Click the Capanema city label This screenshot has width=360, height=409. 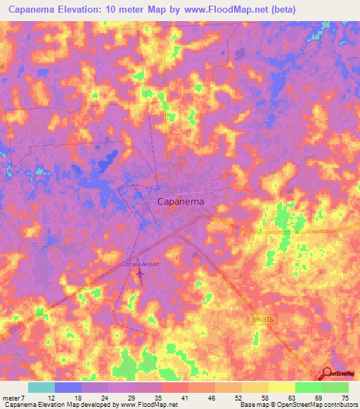point(181,202)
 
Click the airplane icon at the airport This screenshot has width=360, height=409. point(139,272)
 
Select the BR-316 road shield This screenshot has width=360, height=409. point(261,320)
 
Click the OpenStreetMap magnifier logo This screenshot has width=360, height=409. point(327,374)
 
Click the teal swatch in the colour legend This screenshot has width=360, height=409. point(41,387)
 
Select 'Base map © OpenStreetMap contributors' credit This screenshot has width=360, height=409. point(298,405)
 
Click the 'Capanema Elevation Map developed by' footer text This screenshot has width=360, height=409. point(60,405)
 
